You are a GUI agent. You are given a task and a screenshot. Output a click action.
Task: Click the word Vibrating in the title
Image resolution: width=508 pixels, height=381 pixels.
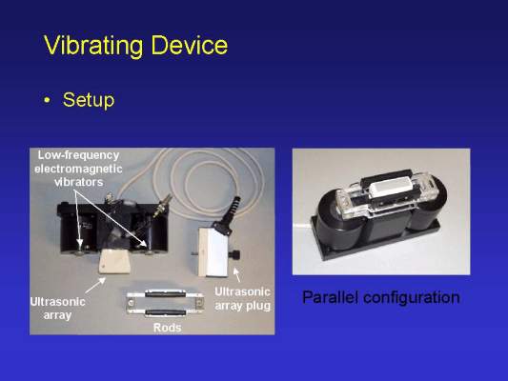coord(93,46)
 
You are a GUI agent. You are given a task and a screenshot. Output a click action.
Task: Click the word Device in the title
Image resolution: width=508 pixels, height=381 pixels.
coord(190,45)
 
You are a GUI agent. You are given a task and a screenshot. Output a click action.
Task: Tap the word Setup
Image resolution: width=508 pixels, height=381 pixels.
coord(89,100)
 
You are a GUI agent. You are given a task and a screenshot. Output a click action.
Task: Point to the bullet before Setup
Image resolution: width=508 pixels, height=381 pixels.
coord(48,100)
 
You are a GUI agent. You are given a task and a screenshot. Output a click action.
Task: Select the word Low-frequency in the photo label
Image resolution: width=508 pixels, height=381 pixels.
coord(78,155)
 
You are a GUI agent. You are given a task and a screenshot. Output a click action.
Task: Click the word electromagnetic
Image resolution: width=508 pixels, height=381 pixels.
coord(78,169)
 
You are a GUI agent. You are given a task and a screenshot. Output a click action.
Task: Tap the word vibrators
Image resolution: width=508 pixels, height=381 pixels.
coord(79,182)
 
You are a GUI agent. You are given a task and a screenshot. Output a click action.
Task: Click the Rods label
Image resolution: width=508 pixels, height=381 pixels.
coord(167,328)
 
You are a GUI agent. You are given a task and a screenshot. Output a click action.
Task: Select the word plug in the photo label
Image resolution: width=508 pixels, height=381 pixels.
coord(258,306)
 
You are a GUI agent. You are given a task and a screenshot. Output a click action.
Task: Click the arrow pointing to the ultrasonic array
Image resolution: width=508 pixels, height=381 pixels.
coord(95,285)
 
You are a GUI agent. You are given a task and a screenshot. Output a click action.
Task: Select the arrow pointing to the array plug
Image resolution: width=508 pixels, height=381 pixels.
coord(237,274)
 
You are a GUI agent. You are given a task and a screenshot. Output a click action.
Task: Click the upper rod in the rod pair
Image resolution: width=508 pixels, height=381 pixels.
coord(165,294)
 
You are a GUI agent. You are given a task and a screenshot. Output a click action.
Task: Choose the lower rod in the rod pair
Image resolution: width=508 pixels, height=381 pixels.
coord(165,312)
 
